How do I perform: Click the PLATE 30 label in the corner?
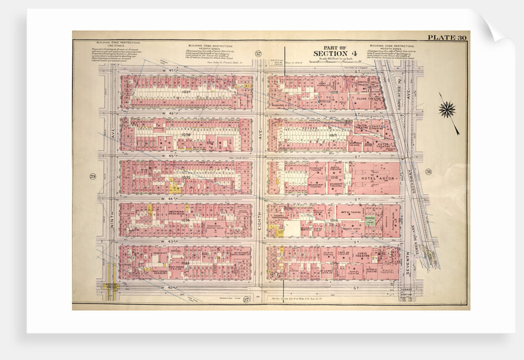451,38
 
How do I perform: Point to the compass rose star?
447,110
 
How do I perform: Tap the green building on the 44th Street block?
369,219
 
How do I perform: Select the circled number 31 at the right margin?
428,171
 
